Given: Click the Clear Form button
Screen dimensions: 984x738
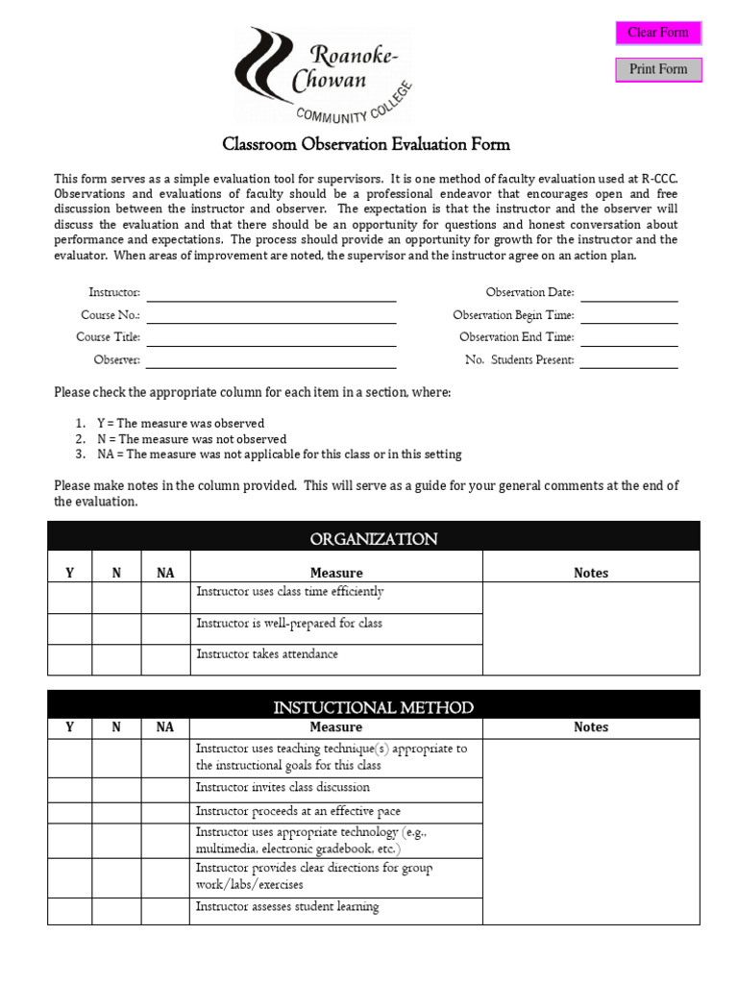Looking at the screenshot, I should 658,33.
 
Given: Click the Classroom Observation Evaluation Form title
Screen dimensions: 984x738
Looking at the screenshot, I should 366,145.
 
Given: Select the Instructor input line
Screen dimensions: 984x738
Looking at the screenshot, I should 271,293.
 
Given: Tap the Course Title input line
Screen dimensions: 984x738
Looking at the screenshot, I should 271,338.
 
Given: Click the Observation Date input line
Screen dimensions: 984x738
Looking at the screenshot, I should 628,293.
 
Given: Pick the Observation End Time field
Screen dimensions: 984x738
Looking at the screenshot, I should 628,338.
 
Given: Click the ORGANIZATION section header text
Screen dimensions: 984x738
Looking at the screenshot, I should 374,539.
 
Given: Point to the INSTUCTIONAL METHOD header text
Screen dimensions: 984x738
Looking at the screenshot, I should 373,707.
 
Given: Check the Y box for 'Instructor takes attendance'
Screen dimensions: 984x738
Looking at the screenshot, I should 69,660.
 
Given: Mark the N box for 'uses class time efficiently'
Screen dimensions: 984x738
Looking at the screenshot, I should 116,598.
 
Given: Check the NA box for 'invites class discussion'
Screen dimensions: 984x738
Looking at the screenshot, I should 165,790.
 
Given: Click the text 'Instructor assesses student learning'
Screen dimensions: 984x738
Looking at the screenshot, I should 287,907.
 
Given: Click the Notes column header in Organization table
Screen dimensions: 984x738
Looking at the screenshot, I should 591,573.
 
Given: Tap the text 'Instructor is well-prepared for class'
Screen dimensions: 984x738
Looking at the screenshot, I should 289,624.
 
